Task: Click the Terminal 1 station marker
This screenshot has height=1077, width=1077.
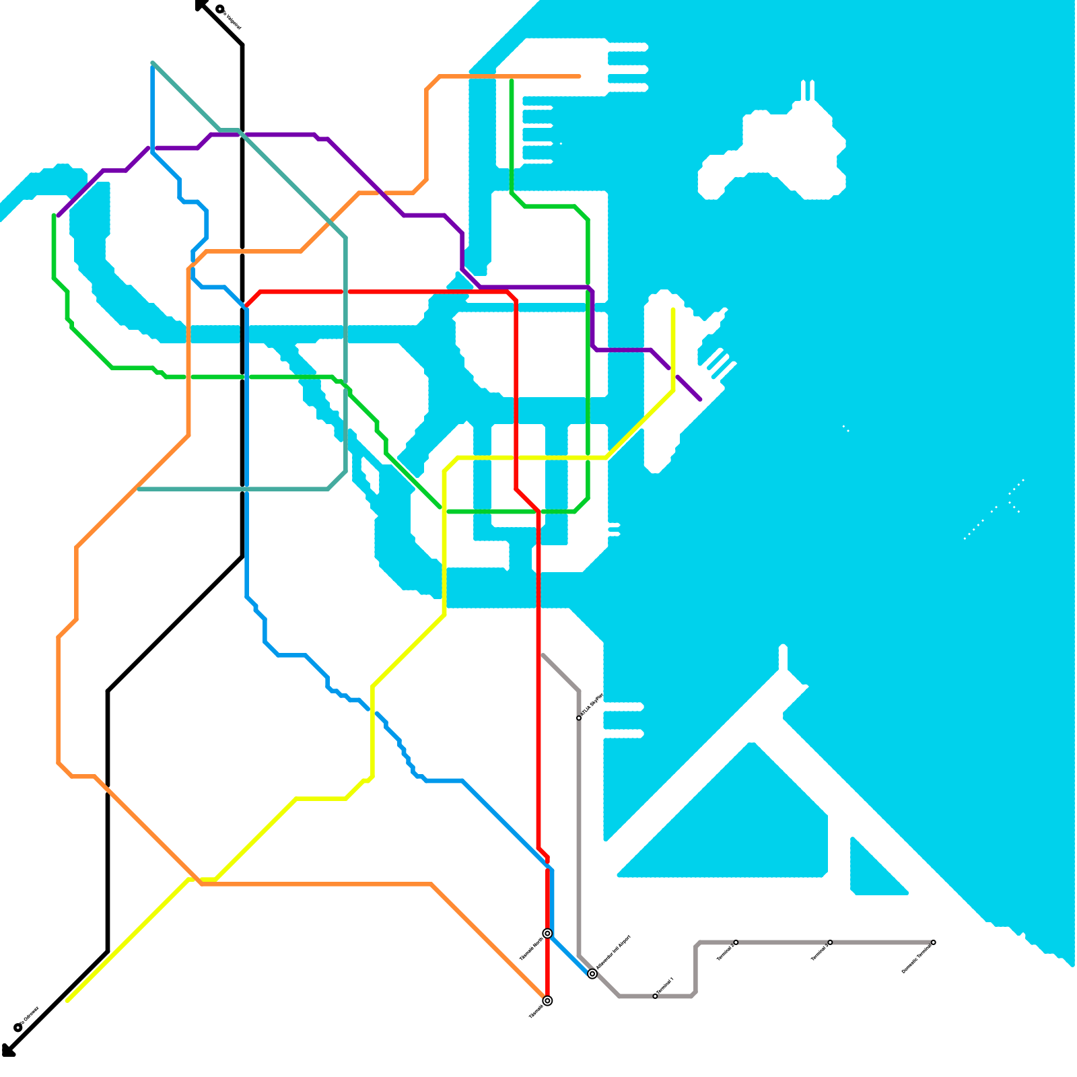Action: (x=655, y=996)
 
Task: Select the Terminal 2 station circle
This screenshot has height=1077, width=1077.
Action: (x=736, y=942)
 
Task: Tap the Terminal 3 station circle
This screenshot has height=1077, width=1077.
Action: (x=830, y=942)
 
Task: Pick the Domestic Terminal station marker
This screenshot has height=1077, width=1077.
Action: (x=934, y=942)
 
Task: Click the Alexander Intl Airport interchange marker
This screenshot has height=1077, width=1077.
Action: (x=592, y=974)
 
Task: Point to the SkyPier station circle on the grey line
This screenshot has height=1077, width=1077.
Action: (x=579, y=718)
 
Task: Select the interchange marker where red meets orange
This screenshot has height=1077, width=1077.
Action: (x=548, y=1001)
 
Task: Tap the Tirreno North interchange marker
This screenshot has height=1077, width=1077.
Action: (x=548, y=934)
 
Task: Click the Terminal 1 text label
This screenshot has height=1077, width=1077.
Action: (x=665, y=986)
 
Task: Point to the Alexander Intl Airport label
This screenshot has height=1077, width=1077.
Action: (x=613, y=952)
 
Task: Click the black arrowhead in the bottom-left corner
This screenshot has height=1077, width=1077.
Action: (x=7, y=1051)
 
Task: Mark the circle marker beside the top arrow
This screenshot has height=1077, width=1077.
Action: (x=220, y=9)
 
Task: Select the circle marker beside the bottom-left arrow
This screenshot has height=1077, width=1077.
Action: (x=18, y=1028)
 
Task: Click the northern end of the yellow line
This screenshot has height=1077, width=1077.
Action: (x=673, y=310)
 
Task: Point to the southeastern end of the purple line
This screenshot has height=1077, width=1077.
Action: (x=701, y=399)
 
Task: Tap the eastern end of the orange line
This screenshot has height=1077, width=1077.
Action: (x=580, y=77)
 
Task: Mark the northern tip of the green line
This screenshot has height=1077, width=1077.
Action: (x=512, y=81)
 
